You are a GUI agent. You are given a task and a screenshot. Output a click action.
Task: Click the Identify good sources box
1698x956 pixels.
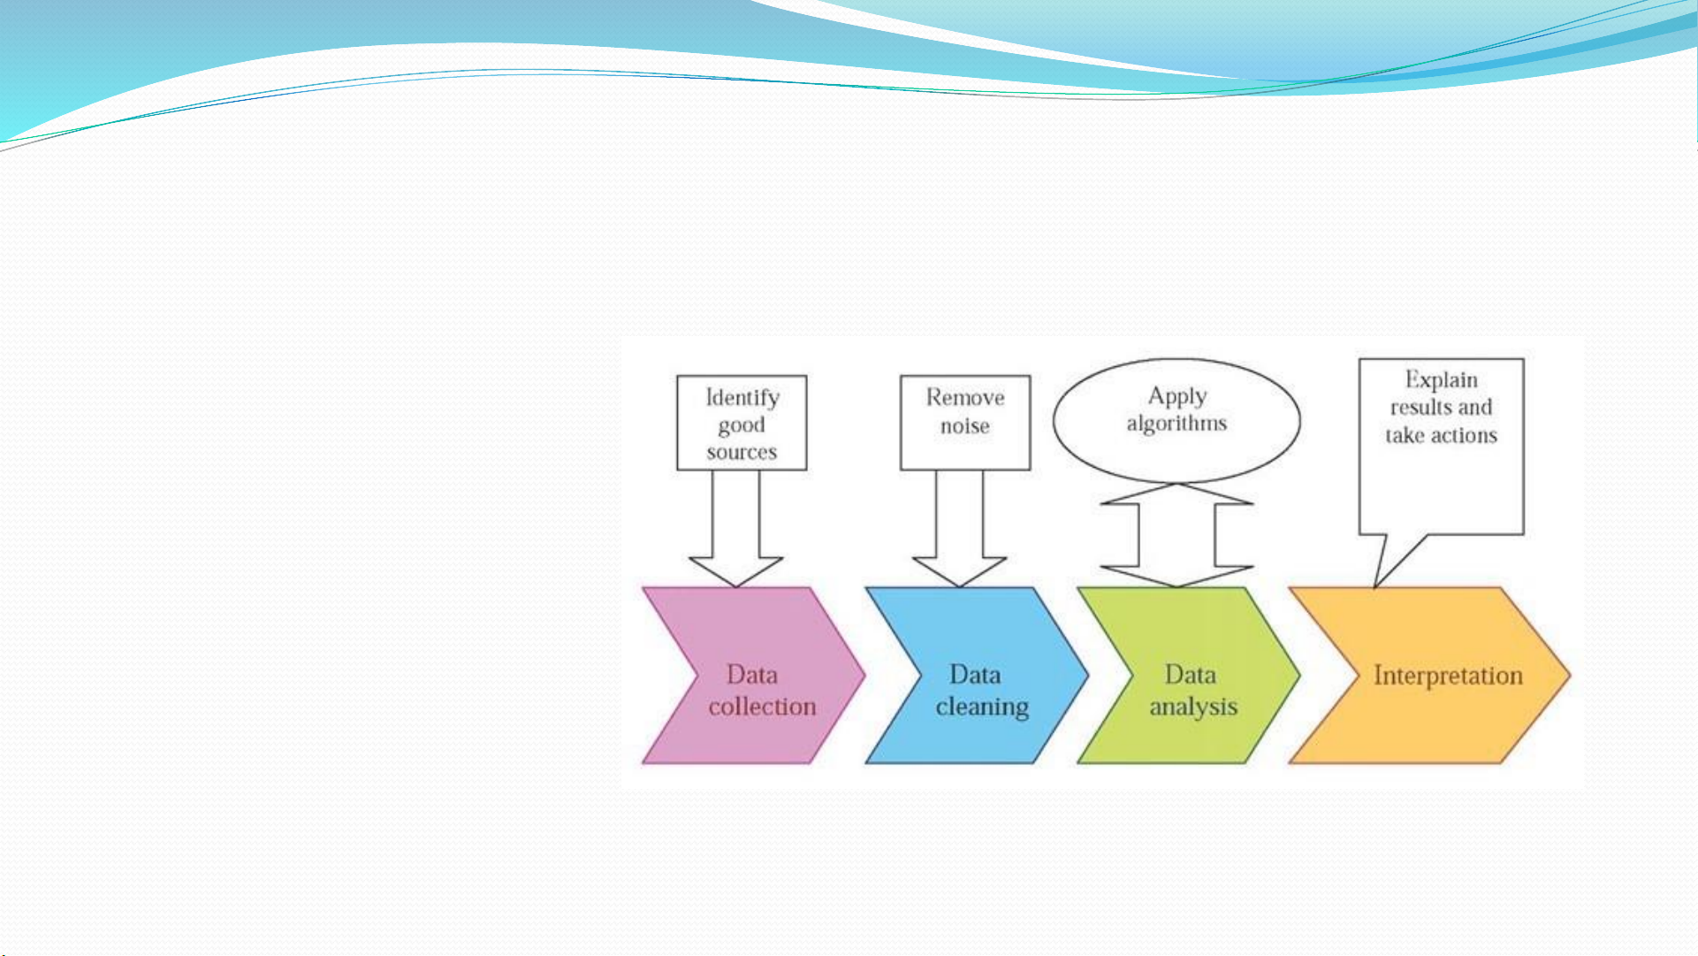tap(742, 423)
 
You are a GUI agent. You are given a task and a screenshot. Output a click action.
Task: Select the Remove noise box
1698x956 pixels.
tap(965, 423)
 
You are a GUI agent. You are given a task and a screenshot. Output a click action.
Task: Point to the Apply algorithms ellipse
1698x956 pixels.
tap(1176, 421)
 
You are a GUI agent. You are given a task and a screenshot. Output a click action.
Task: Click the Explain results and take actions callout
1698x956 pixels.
tap(1441, 447)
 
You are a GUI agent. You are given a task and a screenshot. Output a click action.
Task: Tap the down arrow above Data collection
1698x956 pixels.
tap(735, 529)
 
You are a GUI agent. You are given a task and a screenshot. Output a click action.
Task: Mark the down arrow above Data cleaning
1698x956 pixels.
tap(959, 529)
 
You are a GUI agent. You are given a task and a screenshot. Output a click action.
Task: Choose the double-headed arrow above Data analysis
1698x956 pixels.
tap(1176, 535)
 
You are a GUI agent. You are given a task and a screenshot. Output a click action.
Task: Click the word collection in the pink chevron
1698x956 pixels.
tap(762, 707)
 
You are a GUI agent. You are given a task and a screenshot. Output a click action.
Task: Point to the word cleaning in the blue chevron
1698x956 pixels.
tap(982, 707)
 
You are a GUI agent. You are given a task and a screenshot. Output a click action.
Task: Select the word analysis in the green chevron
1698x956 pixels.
tap(1193, 707)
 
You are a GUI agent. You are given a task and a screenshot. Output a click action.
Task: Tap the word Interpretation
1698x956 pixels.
tap(1448, 677)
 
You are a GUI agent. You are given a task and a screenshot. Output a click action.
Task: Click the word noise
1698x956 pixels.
tap(964, 426)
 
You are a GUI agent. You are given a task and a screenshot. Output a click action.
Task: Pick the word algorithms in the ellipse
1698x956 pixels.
tap(1176, 424)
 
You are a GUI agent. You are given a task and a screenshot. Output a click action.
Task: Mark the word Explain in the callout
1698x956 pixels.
tap(1441, 380)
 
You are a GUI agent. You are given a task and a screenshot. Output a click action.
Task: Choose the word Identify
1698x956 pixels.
tap(742, 398)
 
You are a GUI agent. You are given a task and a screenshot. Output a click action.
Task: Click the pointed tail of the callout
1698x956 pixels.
tap(1374, 587)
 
